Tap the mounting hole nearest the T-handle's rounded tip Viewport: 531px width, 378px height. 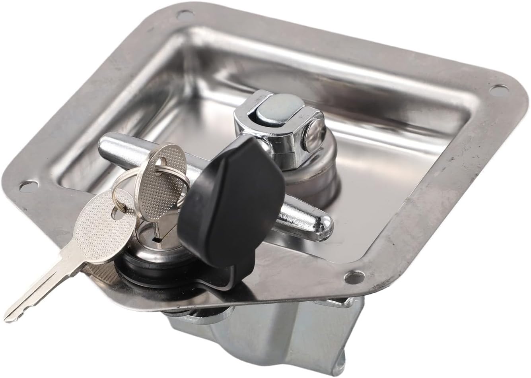[x=350, y=275]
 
